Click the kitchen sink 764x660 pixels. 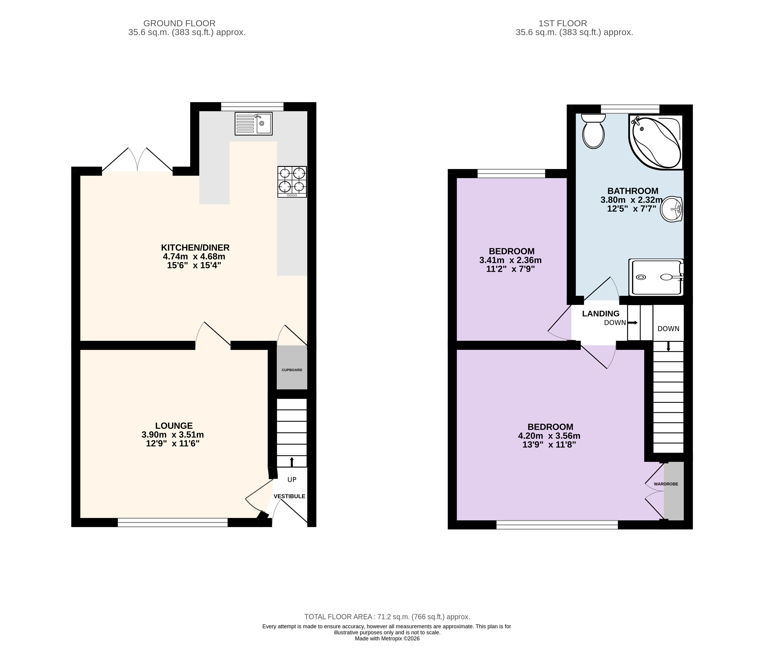pyautogui.click(x=254, y=124)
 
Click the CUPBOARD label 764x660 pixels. pyautogui.click(x=292, y=370)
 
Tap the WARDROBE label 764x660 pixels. pyautogui.click(x=666, y=484)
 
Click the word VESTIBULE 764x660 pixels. pyautogui.click(x=289, y=496)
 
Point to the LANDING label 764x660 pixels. pyautogui.click(x=601, y=313)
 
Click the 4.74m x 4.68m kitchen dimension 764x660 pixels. pyautogui.click(x=194, y=257)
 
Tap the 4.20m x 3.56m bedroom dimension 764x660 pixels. pyautogui.click(x=549, y=436)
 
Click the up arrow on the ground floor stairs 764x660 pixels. pyautogui.click(x=292, y=461)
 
